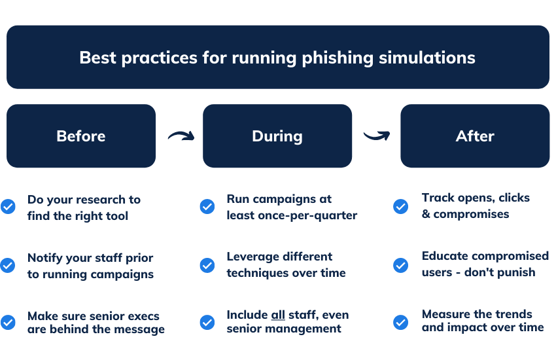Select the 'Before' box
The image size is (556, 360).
pos(81,136)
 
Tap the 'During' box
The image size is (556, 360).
pos(277,136)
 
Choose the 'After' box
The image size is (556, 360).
pos(475,136)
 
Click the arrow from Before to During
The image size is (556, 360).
pos(181,136)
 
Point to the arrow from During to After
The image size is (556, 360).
pos(377,136)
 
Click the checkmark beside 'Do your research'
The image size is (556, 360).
pos(8,207)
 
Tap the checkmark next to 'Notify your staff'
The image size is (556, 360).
pos(8,265)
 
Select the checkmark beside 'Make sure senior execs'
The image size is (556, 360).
pos(8,322)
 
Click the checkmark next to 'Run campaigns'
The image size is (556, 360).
pos(207,207)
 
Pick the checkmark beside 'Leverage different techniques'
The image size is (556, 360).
pos(207,265)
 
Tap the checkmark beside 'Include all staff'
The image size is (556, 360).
pos(207,322)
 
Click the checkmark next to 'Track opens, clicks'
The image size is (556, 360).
pos(400,207)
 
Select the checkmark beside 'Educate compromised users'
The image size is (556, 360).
pos(400,265)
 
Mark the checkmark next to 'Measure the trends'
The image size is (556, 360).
pos(400,322)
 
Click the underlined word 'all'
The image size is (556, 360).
pos(277,315)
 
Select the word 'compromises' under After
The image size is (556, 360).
pos(471,214)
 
